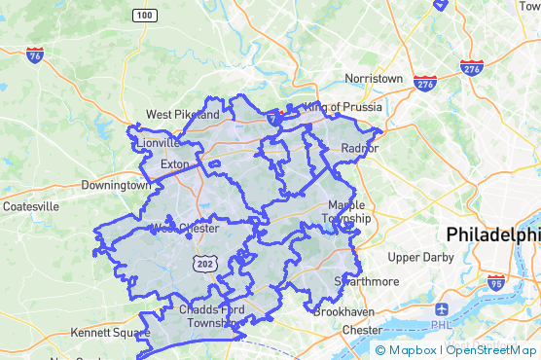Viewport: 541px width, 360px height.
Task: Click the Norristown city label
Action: (x=374, y=78)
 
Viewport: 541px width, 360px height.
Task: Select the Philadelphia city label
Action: (x=492, y=234)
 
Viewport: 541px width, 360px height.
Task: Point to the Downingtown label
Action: (x=116, y=185)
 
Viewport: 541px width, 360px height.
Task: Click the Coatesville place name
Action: (x=31, y=206)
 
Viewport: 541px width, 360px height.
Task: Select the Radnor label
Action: (x=359, y=148)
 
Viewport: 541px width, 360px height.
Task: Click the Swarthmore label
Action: (x=367, y=281)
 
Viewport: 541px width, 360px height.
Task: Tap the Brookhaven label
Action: (x=340, y=311)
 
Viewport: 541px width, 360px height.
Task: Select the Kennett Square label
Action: (x=103, y=333)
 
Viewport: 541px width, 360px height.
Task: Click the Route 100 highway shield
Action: (x=144, y=15)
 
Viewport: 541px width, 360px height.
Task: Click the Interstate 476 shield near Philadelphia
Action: (x=472, y=68)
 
